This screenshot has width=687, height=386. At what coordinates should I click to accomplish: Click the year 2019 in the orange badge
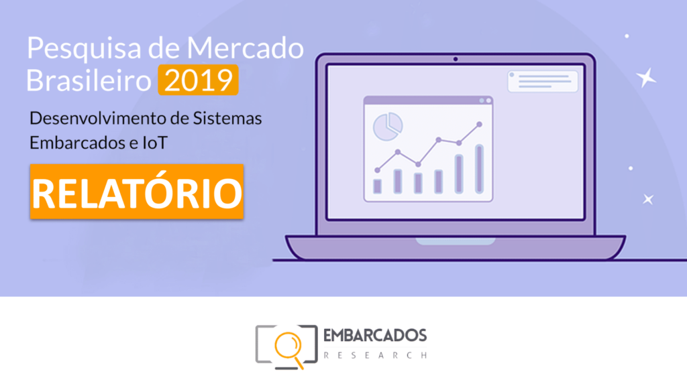pyautogui.click(x=198, y=80)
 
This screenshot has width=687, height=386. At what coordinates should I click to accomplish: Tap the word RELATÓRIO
pyautogui.click(x=137, y=192)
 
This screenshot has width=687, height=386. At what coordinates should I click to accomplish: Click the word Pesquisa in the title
pyautogui.click(x=84, y=49)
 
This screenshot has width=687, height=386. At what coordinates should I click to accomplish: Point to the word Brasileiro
pyautogui.click(x=89, y=80)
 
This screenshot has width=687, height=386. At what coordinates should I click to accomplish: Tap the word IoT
pyautogui.click(x=155, y=143)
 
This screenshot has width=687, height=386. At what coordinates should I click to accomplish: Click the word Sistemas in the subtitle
pyautogui.click(x=227, y=118)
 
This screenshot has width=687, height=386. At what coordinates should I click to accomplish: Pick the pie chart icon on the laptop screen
pyautogui.click(x=388, y=127)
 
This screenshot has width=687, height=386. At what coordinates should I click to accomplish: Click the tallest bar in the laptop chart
pyautogui.click(x=479, y=169)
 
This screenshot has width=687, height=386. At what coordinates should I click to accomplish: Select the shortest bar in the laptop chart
pyautogui.click(x=377, y=186)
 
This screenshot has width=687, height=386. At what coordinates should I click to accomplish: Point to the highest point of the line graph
pyautogui.click(x=479, y=124)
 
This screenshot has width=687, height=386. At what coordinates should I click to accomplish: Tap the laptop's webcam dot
pyautogui.click(x=456, y=59)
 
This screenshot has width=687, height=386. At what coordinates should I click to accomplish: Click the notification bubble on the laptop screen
pyautogui.click(x=542, y=81)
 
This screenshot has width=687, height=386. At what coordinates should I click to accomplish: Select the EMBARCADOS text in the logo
pyautogui.click(x=375, y=336)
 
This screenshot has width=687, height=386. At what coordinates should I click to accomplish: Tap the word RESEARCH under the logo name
pyautogui.click(x=375, y=355)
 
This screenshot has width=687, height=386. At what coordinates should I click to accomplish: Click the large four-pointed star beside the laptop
pyautogui.click(x=646, y=78)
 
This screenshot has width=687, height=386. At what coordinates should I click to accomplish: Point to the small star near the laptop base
pyautogui.click(x=648, y=200)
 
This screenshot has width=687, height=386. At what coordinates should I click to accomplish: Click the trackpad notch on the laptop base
pyautogui.click(x=456, y=241)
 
